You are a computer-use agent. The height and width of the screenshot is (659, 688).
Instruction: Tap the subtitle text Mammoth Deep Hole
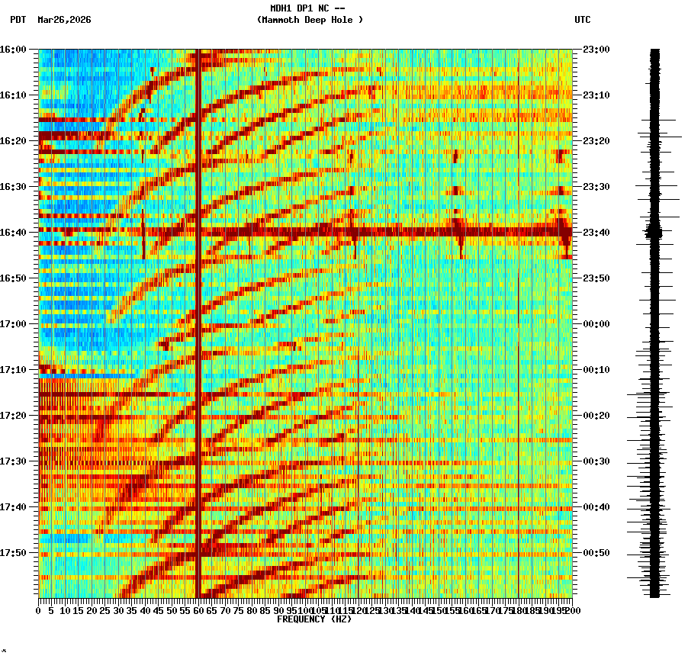coord(310,20)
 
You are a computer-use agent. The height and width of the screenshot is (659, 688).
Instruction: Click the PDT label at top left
coord(18,20)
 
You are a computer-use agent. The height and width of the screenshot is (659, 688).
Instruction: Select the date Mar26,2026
coord(64,20)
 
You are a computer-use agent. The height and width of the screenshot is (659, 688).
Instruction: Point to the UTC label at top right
coord(582,20)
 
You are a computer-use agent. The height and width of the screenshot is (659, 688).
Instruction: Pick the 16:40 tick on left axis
coord(13,232)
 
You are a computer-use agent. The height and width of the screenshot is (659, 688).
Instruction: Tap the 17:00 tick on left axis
coord(13,323)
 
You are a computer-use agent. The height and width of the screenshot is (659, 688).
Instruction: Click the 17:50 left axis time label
coord(13,552)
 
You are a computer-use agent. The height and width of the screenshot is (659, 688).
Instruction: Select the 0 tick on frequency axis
coord(39,611)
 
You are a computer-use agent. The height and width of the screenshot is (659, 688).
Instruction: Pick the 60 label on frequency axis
coord(199,611)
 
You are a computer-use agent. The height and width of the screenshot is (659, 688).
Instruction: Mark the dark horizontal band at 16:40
coord(305,231)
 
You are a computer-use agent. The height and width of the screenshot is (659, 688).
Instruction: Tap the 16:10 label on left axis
coord(13,95)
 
